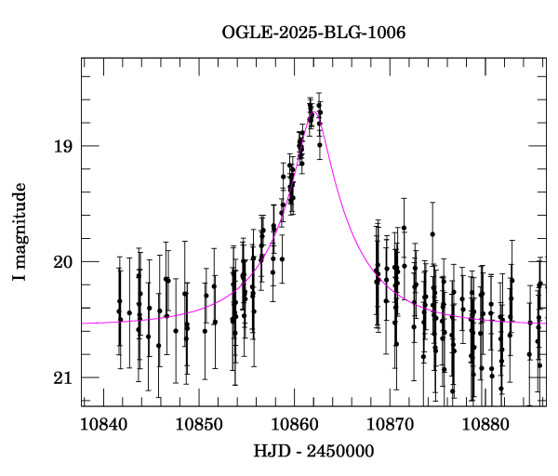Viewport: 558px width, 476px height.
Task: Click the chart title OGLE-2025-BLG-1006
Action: click(x=313, y=33)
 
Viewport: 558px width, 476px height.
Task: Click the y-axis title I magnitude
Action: click(x=20, y=232)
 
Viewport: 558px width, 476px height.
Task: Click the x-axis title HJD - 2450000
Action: click(x=313, y=451)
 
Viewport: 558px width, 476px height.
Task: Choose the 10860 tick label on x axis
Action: click(x=295, y=424)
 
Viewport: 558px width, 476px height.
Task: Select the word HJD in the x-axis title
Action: click(x=270, y=451)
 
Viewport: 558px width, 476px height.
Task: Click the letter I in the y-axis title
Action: click(x=20, y=280)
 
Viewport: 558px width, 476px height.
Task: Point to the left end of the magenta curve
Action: click(x=83, y=323)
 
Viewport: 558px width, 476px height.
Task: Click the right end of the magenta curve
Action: click(x=545, y=322)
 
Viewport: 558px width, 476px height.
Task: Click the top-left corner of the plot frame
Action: click(x=82, y=58)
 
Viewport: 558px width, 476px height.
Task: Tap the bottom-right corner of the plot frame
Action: click(x=546, y=406)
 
